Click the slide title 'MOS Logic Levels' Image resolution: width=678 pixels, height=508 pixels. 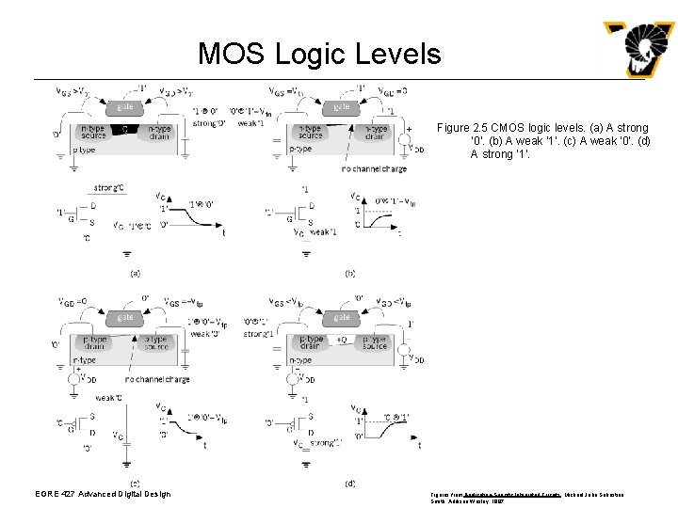319,54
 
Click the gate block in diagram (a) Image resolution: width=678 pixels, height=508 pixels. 125,107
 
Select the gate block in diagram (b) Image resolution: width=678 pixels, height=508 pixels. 342,107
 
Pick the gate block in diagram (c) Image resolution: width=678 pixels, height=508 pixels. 125,318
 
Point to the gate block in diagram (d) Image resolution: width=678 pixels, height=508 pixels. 342,318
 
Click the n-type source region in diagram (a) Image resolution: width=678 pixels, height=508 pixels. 93,132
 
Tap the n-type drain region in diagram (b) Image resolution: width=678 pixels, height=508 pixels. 375,133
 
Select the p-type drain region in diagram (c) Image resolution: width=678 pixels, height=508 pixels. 94,342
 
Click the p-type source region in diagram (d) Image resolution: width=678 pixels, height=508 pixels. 375,342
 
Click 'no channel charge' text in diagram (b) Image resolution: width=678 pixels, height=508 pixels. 374,168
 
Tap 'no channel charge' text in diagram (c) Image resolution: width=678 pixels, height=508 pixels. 155,380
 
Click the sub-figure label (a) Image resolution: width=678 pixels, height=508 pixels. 135,273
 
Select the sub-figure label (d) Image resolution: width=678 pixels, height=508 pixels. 350,483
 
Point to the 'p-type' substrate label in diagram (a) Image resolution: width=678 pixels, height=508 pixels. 85,150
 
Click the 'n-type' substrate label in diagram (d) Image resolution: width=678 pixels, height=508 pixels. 300,360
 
